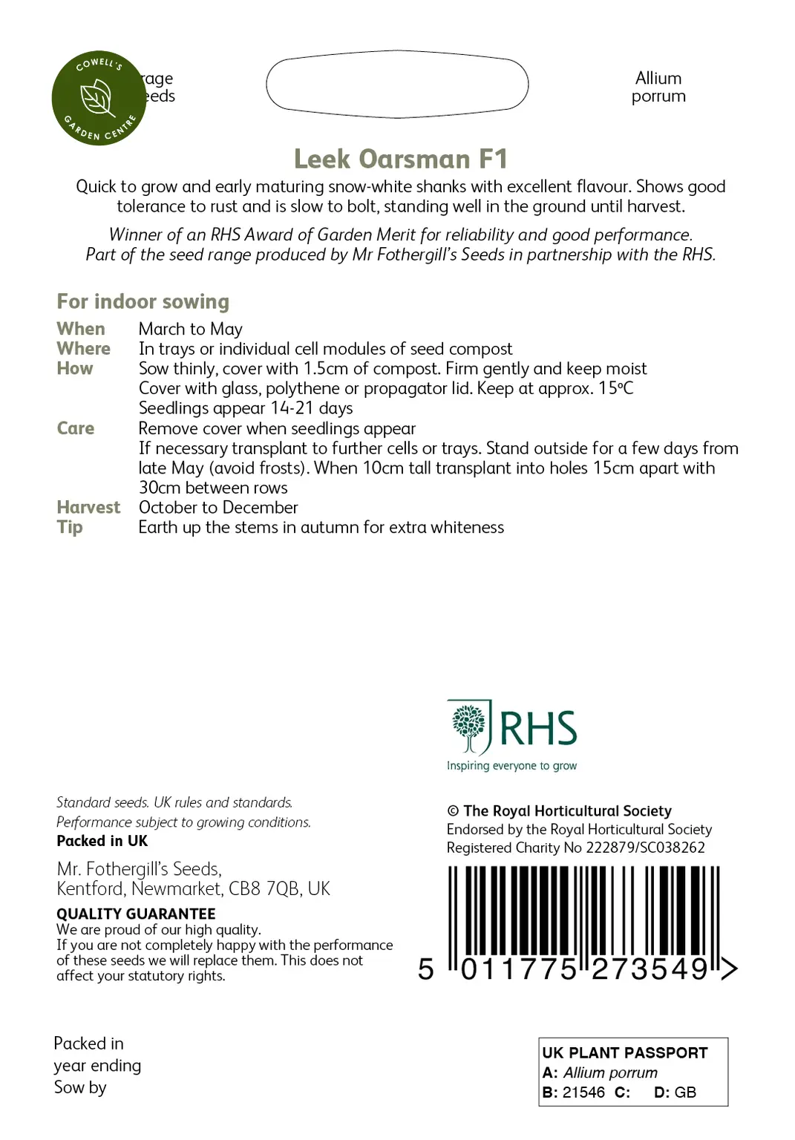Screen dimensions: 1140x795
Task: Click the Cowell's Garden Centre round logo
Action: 99,98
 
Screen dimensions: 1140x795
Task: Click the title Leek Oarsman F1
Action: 400,159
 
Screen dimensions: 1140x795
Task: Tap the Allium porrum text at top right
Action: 658,88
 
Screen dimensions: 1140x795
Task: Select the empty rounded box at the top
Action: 397,84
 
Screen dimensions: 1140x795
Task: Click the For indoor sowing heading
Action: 143,301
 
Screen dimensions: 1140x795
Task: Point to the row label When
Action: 81,329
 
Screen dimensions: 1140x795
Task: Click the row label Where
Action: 83,349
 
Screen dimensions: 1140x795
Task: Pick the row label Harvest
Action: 88,508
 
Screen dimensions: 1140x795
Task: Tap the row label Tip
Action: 70,528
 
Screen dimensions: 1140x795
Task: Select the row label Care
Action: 76,428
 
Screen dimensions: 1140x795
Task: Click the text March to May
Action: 191,329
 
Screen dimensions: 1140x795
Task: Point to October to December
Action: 218,508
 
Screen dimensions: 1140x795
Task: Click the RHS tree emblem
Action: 469,727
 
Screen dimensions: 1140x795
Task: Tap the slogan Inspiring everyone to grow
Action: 511,766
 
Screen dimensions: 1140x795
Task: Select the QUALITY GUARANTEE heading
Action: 136,914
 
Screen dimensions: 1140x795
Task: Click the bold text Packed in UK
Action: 102,841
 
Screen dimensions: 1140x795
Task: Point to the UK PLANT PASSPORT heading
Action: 625,1052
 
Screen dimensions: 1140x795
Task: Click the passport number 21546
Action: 583,1092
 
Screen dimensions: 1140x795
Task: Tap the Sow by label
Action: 80,1087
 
